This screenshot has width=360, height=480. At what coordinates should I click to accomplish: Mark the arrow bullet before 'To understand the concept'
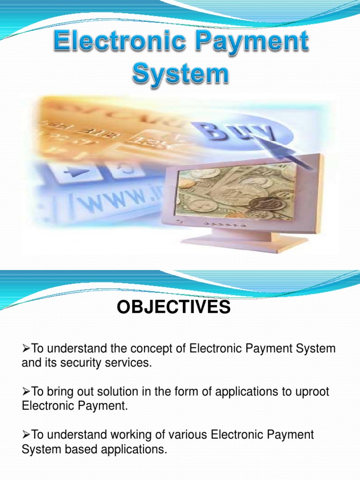tap(26, 349)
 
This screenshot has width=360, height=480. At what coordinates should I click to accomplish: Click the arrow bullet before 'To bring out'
tap(26, 392)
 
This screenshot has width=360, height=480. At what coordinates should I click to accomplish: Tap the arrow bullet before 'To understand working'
tap(26, 435)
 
